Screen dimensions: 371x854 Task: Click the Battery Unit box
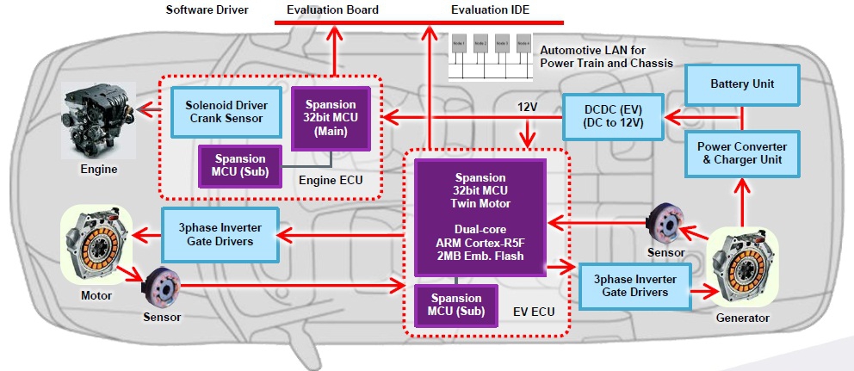(x=742, y=84)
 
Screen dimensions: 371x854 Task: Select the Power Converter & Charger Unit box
(x=742, y=152)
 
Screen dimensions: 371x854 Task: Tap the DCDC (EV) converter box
(x=614, y=117)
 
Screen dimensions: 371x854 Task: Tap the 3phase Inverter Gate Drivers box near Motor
(x=221, y=233)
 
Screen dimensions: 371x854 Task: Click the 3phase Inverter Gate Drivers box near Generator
(x=634, y=285)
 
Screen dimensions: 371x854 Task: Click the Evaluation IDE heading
(x=491, y=10)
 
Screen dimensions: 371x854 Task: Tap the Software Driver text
(x=207, y=10)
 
